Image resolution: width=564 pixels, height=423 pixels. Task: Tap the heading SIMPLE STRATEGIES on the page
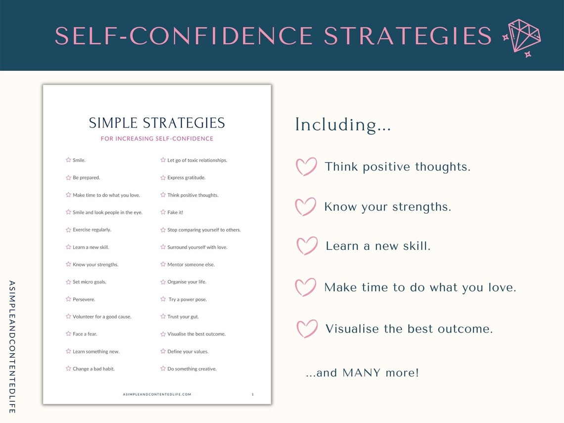[157, 123]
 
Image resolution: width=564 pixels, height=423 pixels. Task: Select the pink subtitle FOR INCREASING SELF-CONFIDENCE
[157, 139]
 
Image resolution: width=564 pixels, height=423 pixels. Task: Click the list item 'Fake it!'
[175, 212]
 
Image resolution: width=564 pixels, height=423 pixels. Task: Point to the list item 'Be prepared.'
[86, 178]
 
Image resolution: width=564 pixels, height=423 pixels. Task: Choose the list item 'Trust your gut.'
[183, 317]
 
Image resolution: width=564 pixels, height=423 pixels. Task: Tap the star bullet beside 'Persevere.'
[68, 299]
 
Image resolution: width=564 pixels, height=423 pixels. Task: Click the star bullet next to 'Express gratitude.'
[163, 177]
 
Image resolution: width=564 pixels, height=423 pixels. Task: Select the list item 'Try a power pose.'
[188, 299]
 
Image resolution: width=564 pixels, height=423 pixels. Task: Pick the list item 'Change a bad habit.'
[94, 369]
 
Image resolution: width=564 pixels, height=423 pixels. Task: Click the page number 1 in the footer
[252, 394]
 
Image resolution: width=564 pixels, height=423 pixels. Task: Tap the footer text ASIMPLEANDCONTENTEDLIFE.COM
[157, 394]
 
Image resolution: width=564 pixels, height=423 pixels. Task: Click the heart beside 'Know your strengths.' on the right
[305, 207]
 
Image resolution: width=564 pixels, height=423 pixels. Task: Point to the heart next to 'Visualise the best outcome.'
[307, 329]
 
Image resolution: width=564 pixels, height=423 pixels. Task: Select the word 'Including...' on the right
[343, 125]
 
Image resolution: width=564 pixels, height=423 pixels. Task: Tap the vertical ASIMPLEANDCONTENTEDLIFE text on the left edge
[12, 347]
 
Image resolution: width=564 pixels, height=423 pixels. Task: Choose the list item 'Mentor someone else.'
[191, 265]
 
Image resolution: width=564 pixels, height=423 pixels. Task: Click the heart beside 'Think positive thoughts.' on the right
[306, 167]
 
